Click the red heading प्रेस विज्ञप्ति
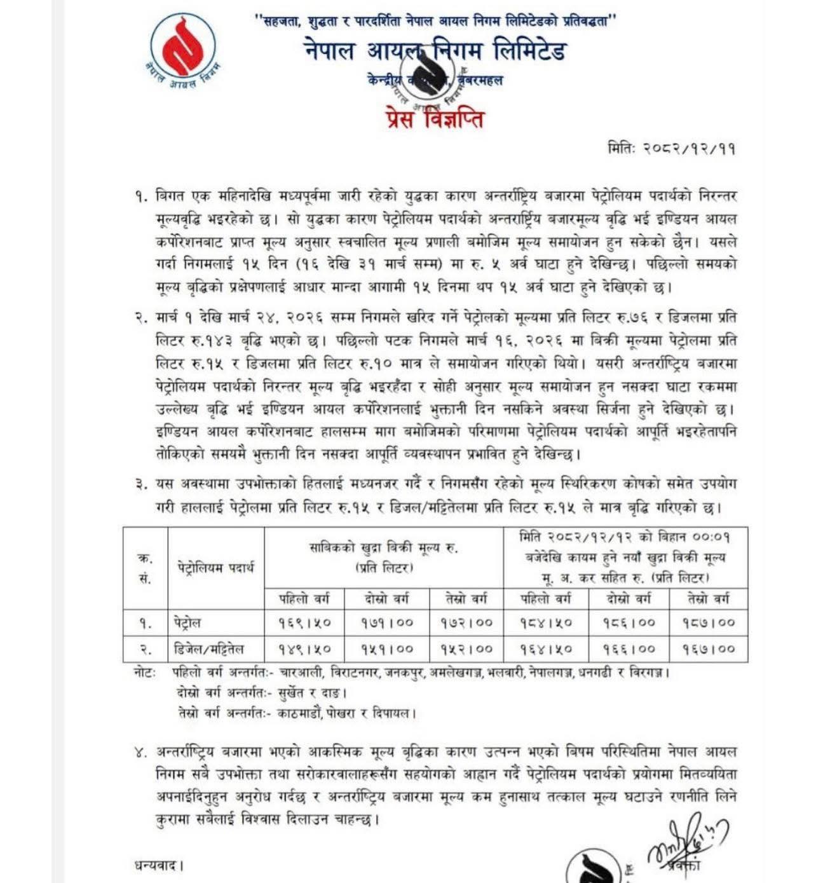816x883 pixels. coord(435,118)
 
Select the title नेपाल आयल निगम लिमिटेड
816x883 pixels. coord(435,51)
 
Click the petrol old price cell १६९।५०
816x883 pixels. coord(304,623)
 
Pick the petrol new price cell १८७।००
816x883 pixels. coord(709,623)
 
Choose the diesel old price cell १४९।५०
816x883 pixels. coord(304,649)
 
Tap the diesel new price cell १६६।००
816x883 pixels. coord(629,649)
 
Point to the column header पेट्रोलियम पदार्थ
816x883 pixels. coord(215,567)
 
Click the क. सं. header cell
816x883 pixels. coord(145,568)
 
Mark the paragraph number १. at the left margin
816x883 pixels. coord(140,196)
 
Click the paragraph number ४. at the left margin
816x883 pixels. coord(140,753)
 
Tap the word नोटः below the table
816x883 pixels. coord(144,672)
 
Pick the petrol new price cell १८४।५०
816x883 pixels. coord(546,623)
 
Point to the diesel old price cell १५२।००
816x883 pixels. coord(466,649)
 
